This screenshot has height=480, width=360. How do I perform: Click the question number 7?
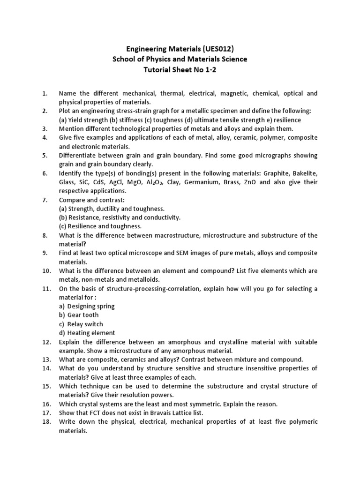pyautogui.click(x=45, y=200)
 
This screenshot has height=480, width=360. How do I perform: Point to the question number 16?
pyautogui.click(x=46, y=404)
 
